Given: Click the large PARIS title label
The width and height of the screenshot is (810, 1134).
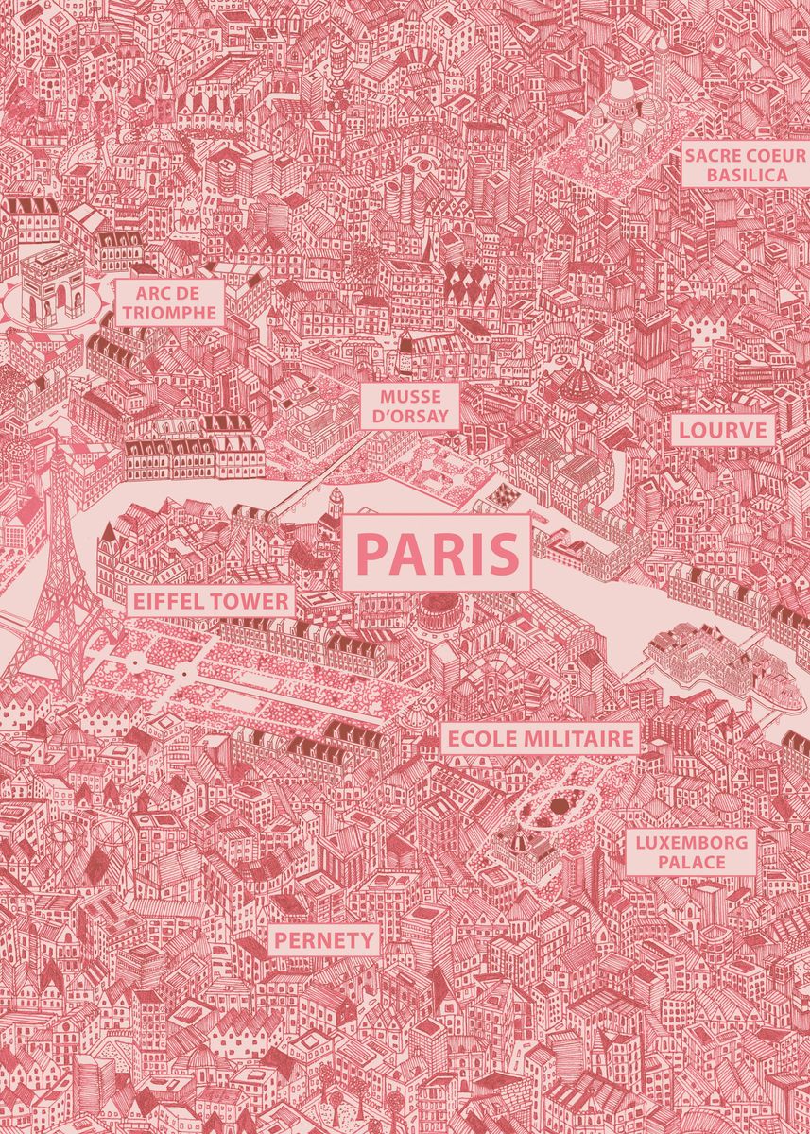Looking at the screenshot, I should [437, 553].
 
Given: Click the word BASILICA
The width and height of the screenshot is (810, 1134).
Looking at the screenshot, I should [747, 176].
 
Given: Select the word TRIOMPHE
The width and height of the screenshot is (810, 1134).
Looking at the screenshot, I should [172, 313].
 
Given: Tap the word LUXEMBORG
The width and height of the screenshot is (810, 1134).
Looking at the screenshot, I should [692, 842].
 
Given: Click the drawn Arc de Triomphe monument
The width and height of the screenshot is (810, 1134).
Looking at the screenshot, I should [54, 283].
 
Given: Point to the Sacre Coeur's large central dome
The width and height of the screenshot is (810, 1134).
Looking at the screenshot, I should [622, 94].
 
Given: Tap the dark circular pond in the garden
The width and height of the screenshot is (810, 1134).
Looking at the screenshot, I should [560, 805].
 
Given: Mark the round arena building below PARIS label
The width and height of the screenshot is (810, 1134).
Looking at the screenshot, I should [438, 614].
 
